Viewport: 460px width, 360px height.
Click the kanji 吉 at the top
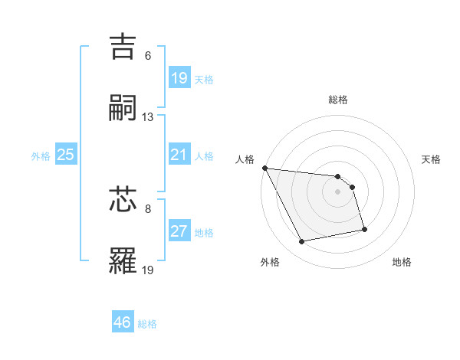(124, 45)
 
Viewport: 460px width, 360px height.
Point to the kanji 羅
(124, 260)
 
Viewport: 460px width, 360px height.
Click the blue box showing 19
(179, 78)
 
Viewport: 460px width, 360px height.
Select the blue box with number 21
(179, 155)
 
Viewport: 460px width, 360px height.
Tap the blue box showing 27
(179, 231)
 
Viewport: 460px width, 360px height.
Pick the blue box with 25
(65, 155)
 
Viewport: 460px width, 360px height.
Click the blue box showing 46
(122, 322)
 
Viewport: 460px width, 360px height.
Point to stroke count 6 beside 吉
(148, 56)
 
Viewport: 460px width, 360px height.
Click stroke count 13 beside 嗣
(148, 117)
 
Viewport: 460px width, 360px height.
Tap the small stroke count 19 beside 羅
(148, 270)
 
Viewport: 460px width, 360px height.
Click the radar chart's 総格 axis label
(338, 100)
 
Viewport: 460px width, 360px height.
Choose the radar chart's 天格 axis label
(431, 159)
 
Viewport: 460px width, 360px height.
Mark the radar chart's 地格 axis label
(402, 262)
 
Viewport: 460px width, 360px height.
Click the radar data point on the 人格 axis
(264, 168)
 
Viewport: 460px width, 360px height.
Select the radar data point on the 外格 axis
(302, 242)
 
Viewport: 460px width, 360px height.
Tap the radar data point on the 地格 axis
(364, 229)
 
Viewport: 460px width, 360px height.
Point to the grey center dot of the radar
(338, 191)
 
